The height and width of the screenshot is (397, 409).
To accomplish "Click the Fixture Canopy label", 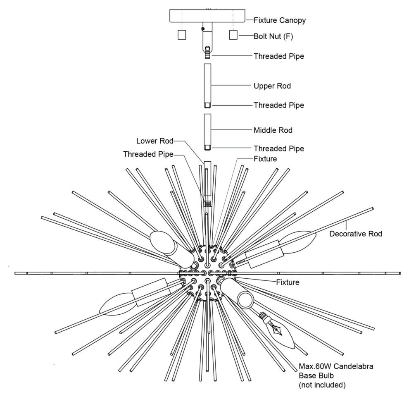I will click(280, 20).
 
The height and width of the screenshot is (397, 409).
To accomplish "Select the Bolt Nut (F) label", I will click(273, 36).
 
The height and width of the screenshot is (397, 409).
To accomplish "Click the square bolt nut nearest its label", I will click(233, 35).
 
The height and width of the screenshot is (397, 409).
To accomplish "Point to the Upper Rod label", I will click(272, 86).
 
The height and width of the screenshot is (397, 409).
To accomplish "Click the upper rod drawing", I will click(207, 83).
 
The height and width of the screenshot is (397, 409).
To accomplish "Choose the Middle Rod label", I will click(273, 130).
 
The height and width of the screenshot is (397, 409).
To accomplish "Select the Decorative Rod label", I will click(356, 234).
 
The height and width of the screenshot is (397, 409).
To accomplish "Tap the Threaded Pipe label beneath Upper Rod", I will click(279, 105).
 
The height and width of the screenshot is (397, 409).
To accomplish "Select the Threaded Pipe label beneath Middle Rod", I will click(279, 148).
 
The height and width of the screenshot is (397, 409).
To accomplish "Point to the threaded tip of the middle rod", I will click(207, 147).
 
